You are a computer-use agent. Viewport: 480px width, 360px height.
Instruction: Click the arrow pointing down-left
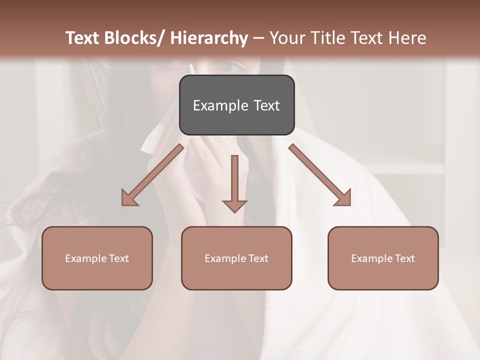(152, 175)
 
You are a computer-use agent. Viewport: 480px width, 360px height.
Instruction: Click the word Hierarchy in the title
(209, 38)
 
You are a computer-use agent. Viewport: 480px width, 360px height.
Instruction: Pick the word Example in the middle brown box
(224, 258)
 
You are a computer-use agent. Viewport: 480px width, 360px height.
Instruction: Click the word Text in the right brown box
(405, 258)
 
